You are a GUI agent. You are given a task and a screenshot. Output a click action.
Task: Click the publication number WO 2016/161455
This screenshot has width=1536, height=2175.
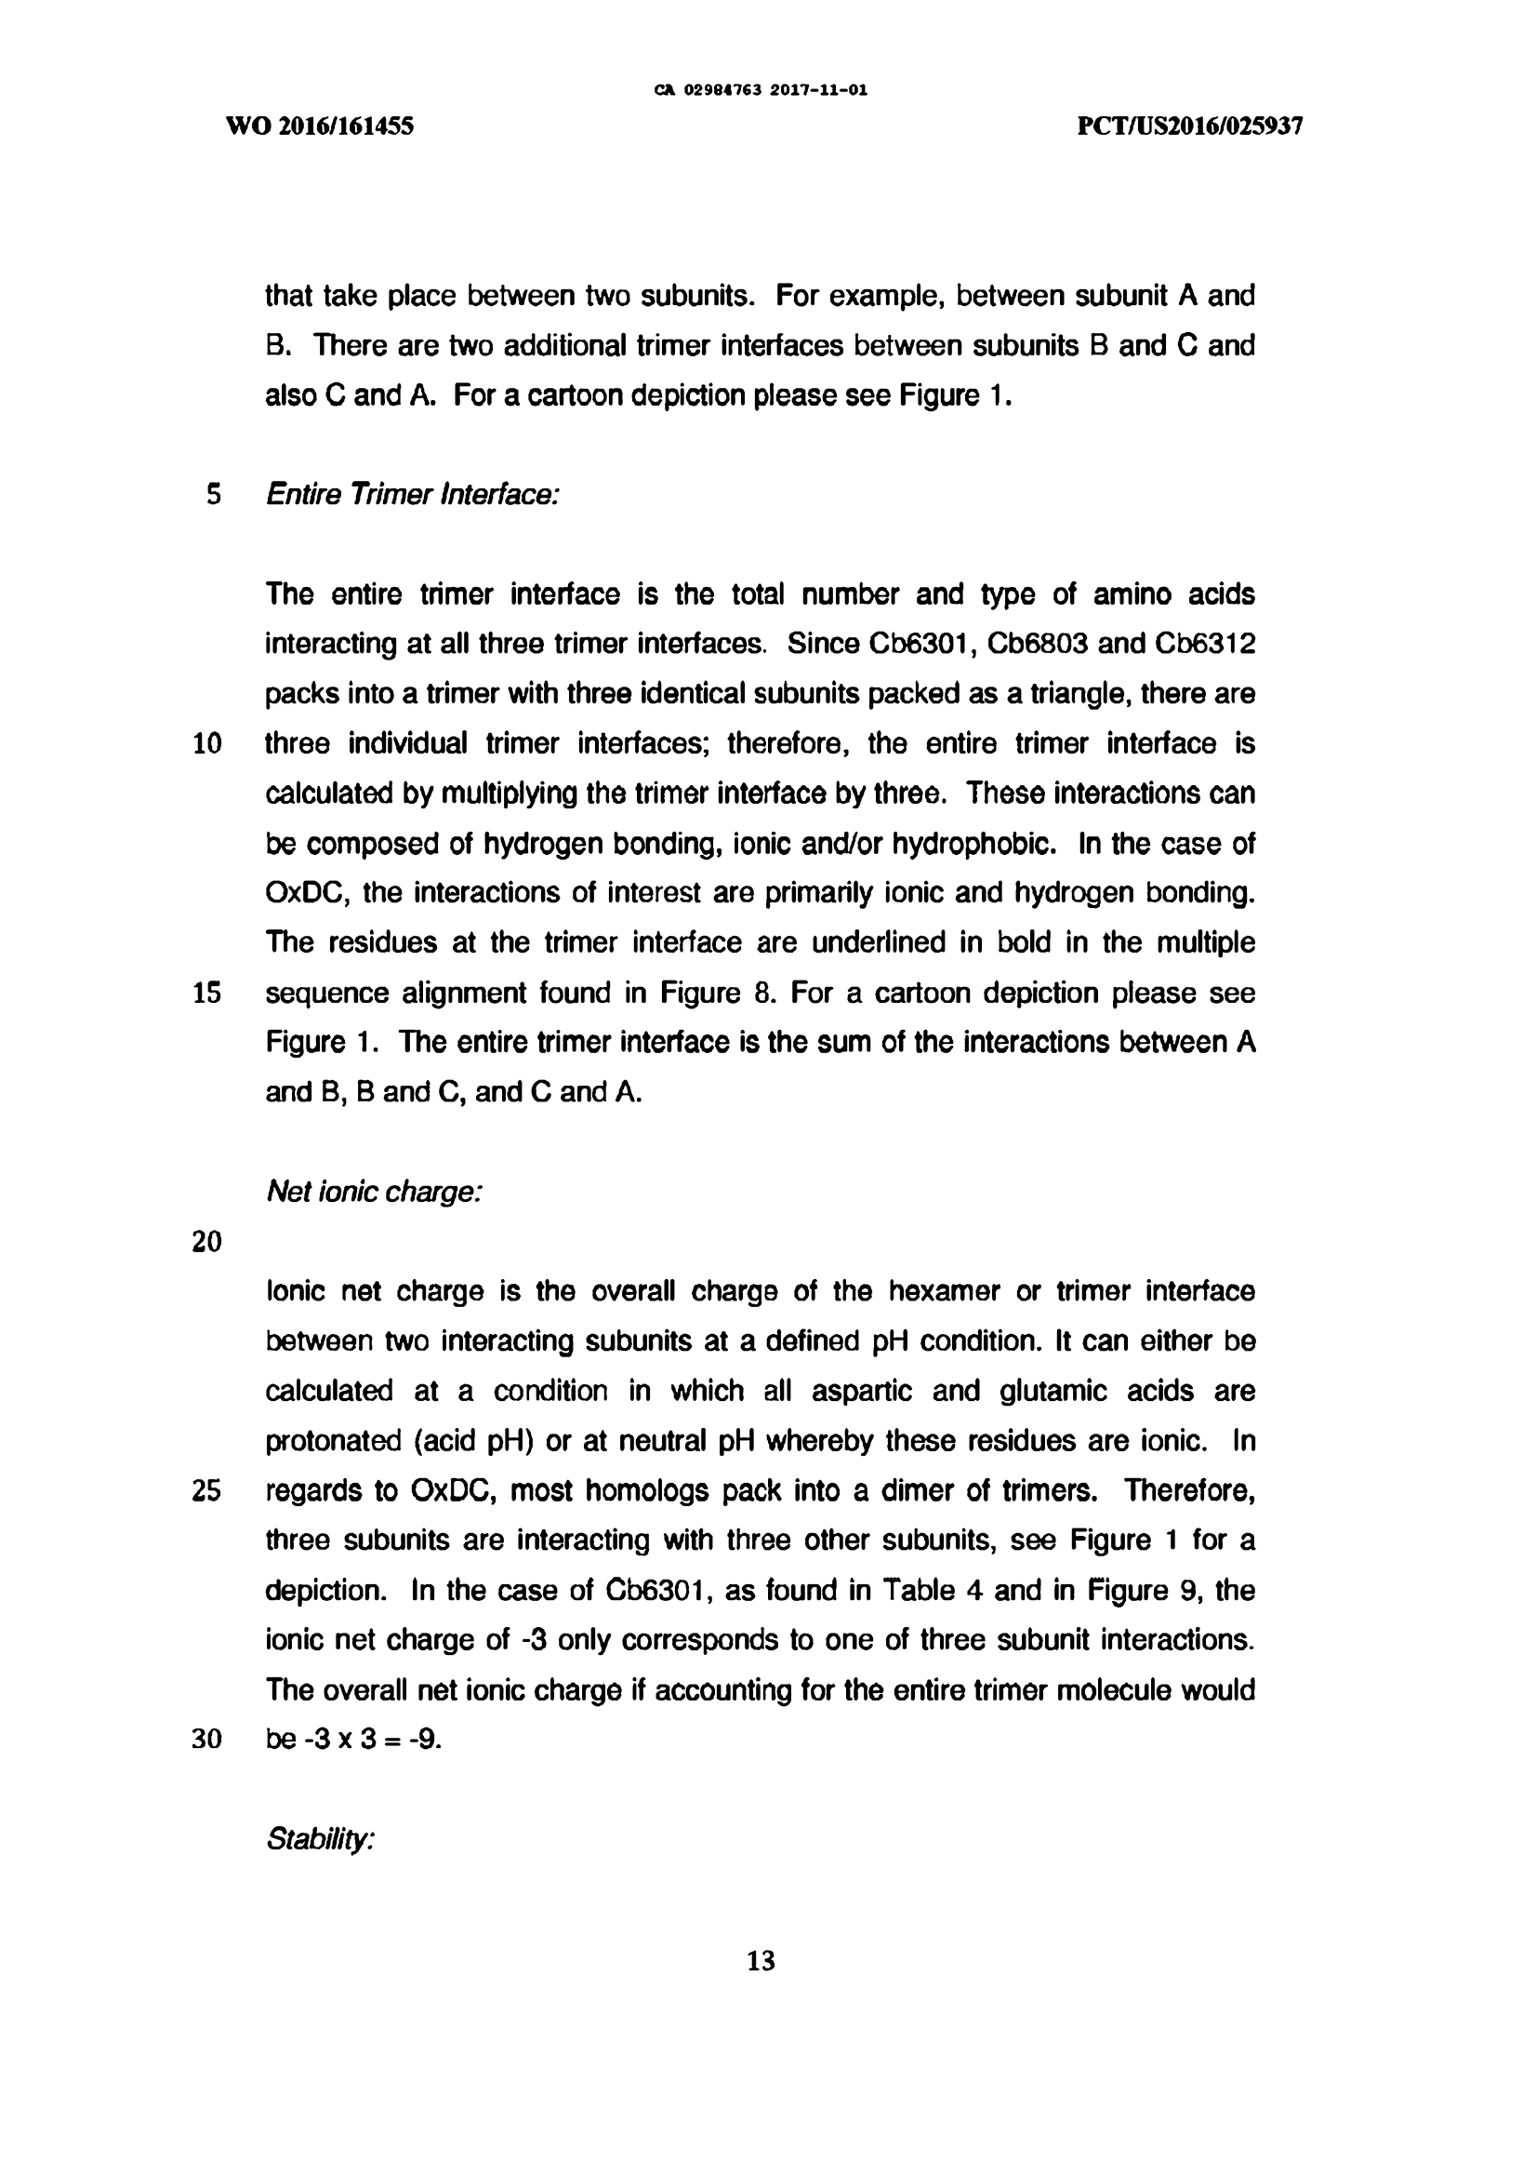(320, 126)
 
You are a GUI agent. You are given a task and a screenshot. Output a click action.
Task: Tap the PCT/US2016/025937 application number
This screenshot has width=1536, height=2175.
(1190, 126)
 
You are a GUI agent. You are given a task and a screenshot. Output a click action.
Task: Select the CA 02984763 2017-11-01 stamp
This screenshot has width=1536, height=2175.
(761, 91)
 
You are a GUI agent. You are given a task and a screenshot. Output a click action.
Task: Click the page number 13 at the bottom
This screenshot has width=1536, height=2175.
(761, 1960)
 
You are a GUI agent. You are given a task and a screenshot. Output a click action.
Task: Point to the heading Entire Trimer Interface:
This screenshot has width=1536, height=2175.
(413, 495)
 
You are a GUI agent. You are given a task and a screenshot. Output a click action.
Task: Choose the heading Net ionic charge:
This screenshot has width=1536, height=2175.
(375, 1191)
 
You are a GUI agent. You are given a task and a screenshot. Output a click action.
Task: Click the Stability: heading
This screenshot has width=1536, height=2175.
(321, 1840)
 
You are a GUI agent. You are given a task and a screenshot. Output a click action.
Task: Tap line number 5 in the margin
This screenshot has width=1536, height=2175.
(214, 495)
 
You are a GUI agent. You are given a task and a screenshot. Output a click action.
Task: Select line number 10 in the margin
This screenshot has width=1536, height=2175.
(207, 743)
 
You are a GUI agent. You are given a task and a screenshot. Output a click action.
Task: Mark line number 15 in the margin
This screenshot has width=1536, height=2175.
(207, 993)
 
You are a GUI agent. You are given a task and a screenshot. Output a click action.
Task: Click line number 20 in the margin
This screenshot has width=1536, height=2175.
(207, 1242)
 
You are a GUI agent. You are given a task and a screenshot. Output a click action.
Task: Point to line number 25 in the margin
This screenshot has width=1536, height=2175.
(207, 1491)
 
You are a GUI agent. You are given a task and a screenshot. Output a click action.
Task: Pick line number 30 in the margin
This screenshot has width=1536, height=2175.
(207, 1741)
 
